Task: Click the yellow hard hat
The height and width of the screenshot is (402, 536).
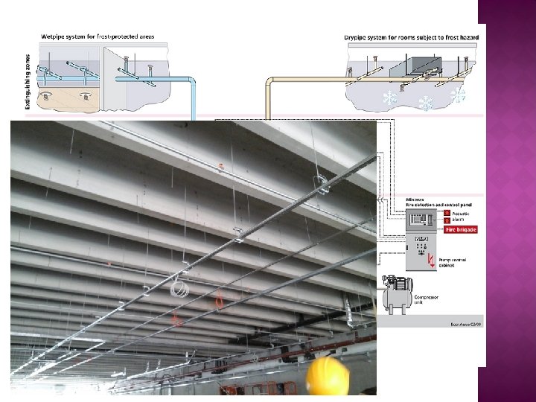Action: click(328, 377)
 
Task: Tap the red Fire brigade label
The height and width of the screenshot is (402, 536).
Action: click(461, 229)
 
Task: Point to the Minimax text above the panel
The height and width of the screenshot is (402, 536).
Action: click(414, 200)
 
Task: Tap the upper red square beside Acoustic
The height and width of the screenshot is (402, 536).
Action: click(447, 213)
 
